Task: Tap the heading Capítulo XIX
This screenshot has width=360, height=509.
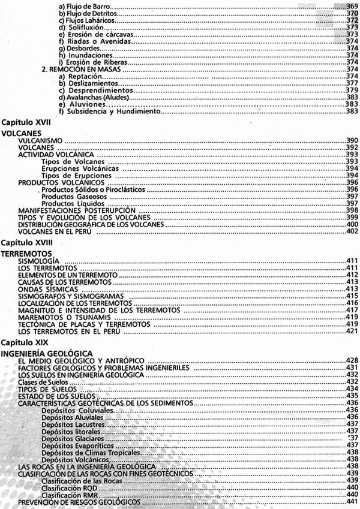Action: [x=24, y=342]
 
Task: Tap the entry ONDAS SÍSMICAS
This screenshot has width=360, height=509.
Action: [x=43, y=288]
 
